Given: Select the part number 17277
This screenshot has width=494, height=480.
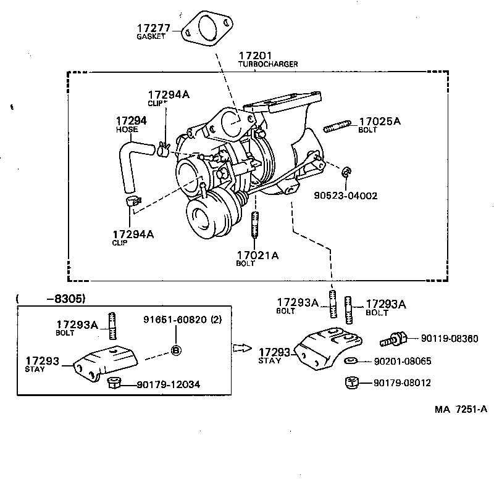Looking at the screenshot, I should point(153,28).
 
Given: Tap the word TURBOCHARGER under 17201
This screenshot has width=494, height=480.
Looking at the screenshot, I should point(268,64).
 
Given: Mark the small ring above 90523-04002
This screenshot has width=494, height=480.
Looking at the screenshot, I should point(348,171).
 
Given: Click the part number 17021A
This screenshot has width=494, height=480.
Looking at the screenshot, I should point(257,254).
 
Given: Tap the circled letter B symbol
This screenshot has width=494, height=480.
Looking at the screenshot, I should point(175,350).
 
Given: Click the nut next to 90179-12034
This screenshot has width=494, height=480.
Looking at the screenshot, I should point(113,383).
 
